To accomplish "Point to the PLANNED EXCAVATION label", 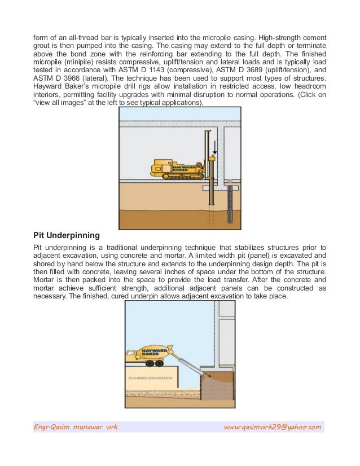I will pyautogui.click(x=146, y=377).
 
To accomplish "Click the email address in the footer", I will pyautogui.click(x=273, y=427).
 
